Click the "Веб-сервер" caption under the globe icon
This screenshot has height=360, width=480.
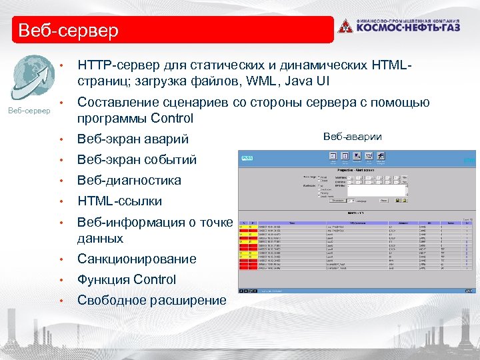[x=29, y=110]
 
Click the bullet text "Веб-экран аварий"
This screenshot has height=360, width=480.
[x=133, y=139]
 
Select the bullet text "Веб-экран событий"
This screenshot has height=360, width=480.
[x=137, y=160]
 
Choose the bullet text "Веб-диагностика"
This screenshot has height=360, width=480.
[x=129, y=181]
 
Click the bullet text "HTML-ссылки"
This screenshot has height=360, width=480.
[x=119, y=201]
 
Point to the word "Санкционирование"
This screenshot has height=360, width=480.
[x=137, y=259]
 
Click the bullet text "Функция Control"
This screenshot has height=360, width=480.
[x=127, y=280]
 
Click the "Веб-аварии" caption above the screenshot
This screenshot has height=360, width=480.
[x=352, y=137]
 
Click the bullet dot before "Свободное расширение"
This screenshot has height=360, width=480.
[x=61, y=301]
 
